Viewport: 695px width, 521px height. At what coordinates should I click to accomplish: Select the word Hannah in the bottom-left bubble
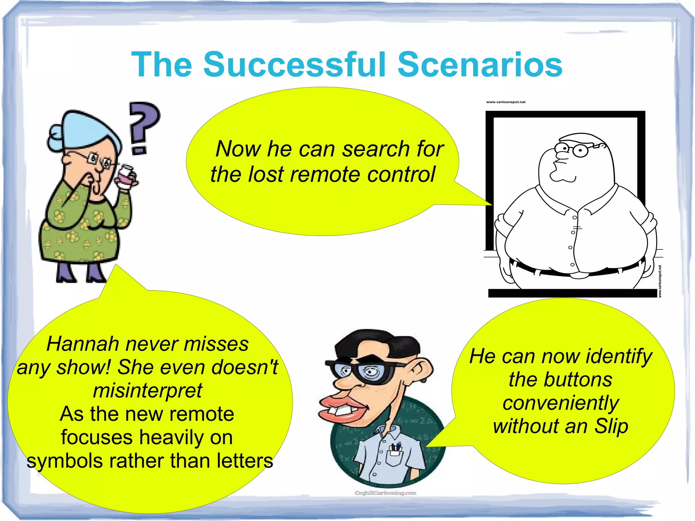pyautogui.click(x=83, y=344)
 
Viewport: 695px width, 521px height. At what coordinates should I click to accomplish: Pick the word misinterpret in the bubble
pyautogui.click(x=148, y=391)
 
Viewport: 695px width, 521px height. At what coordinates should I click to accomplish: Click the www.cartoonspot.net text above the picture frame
pyautogui.click(x=506, y=102)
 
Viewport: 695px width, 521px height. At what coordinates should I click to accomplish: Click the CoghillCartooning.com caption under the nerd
pyautogui.click(x=385, y=493)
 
